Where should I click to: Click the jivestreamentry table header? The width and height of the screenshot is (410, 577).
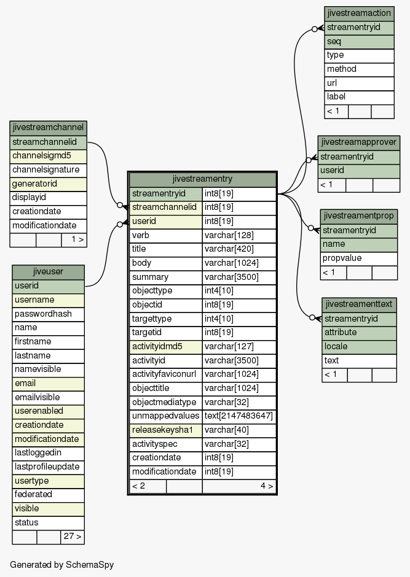[202, 179]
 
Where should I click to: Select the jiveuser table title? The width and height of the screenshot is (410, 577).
[49, 272]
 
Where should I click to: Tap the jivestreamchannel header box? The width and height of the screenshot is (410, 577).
[49, 128]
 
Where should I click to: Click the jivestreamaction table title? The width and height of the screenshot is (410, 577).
[359, 14]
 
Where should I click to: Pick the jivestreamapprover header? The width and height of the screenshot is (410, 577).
[359, 142]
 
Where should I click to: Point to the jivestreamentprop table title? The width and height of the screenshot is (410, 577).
[359, 216]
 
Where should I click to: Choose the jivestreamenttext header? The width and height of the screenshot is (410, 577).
[359, 304]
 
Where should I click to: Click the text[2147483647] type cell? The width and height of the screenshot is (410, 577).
[239, 416]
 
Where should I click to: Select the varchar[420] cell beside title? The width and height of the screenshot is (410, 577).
[239, 249]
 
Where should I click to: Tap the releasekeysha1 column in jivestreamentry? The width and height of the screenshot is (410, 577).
[166, 430]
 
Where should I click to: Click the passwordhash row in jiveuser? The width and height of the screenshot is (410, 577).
[49, 314]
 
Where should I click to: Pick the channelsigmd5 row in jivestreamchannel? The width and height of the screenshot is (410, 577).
[49, 156]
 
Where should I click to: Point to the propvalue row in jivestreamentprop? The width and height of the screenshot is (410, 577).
[359, 258]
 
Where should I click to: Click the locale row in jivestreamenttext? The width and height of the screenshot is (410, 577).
[359, 347]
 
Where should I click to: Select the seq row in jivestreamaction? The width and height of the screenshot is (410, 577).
[359, 42]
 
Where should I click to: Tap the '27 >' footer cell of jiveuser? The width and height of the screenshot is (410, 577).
[72, 537]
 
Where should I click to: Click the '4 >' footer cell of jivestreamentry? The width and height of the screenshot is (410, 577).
[239, 486]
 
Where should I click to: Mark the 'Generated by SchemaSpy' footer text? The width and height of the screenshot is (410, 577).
[62, 565]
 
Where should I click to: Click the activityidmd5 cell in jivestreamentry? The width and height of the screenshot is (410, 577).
[166, 347]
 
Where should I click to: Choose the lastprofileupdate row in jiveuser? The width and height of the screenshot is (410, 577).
[49, 467]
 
